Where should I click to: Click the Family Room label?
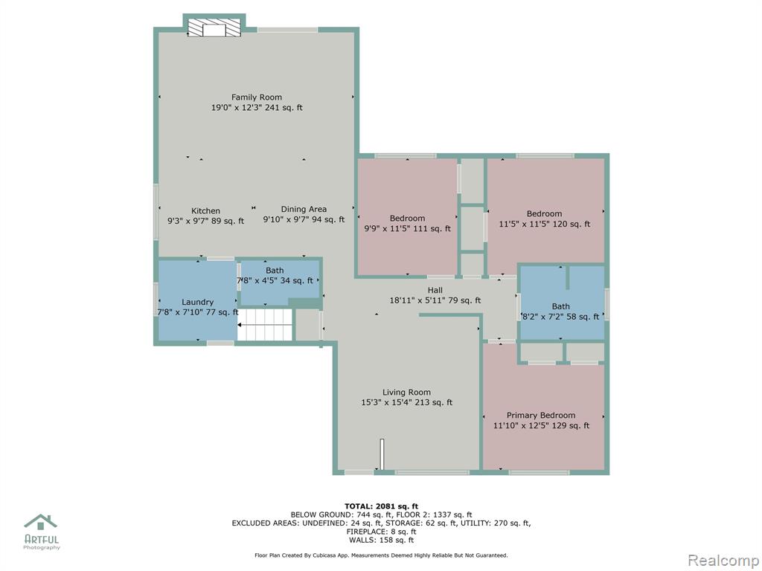click(x=257, y=97)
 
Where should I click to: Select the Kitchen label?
click(x=205, y=210)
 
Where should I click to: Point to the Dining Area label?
click(x=304, y=209)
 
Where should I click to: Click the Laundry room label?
click(x=197, y=302)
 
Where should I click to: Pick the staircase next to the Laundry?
click(x=265, y=324)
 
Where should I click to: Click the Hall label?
click(x=435, y=291)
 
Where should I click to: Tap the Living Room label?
click(x=406, y=393)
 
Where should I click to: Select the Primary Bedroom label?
click(x=541, y=415)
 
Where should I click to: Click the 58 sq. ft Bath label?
click(x=561, y=306)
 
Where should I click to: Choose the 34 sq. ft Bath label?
click(x=275, y=271)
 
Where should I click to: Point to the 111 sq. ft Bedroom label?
click(x=407, y=219)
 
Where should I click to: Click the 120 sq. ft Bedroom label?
click(x=544, y=213)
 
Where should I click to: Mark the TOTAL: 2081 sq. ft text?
click(x=381, y=506)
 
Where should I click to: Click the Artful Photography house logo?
click(x=41, y=523)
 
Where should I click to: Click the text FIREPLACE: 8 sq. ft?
click(x=381, y=532)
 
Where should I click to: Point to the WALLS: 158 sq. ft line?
click(x=381, y=540)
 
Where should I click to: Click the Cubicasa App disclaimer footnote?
click(x=381, y=555)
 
